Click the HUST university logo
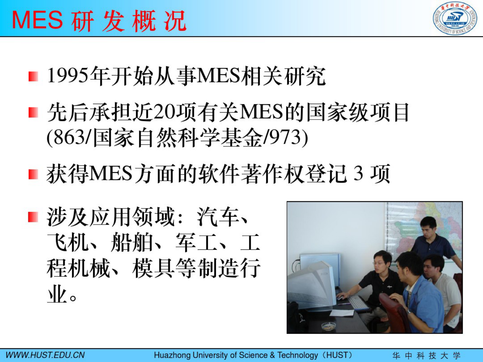click(x=455, y=18)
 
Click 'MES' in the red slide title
click(x=37, y=20)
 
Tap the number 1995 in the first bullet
click(x=68, y=75)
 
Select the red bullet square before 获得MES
click(x=33, y=174)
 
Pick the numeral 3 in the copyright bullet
click(x=358, y=174)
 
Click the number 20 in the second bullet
click(x=164, y=112)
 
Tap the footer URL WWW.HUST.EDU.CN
click(x=45, y=355)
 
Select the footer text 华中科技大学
click(x=426, y=355)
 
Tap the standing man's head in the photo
click(x=428, y=227)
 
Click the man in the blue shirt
click(x=422, y=298)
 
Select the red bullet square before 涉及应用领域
click(x=33, y=217)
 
